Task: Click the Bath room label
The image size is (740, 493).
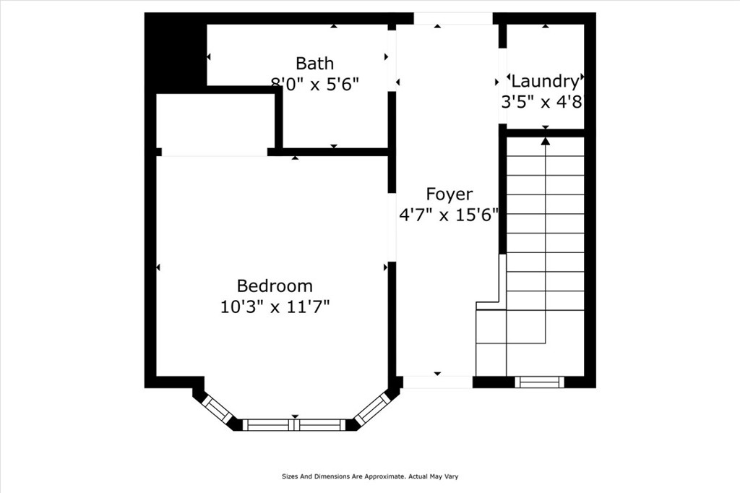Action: (x=314, y=63)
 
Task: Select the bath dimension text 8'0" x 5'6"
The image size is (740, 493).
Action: (x=314, y=83)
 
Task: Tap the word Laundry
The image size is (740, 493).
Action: (x=544, y=81)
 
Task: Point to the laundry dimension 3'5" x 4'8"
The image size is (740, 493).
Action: (x=542, y=101)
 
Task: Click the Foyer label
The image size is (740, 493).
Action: (x=449, y=194)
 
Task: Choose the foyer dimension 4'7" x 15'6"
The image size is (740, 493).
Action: (x=449, y=215)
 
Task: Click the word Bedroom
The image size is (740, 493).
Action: (x=275, y=286)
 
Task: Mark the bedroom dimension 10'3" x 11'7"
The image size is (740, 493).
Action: (x=275, y=306)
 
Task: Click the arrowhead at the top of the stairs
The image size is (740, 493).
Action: (x=545, y=140)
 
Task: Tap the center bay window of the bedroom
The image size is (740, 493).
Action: (x=294, y=425)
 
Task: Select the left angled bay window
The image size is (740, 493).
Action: (x=216, y=408)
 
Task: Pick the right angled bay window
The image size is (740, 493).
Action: (x=371, y=408)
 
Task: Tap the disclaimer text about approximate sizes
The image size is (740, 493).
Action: (x=370, y=476)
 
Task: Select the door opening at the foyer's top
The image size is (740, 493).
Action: (x=453, y=18)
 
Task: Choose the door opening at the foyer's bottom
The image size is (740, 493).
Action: (x=437, y=382)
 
